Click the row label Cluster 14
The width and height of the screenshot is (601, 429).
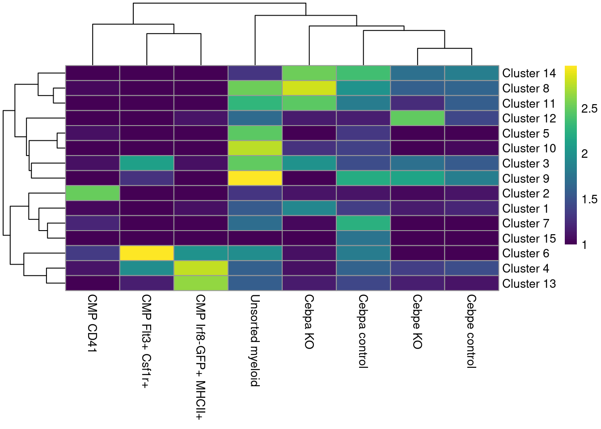tap(529, 73)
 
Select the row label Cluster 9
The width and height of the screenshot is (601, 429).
tap(525, 179)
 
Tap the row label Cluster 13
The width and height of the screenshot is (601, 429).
tap(529, 284)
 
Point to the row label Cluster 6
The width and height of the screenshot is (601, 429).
tap(525, 253)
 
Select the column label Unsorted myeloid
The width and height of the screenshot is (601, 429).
tap(254, 340)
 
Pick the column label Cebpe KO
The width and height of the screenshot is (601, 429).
tap(417, 321)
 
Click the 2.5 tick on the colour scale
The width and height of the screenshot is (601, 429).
tap(589, 109)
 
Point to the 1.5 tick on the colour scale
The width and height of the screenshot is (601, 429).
tap(589, 199)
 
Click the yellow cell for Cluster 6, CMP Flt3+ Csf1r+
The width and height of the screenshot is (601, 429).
tap(147, 253)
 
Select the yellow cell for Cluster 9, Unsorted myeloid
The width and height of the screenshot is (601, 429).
tap(255, 178)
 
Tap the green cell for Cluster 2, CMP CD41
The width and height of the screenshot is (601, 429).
tap(93, 193)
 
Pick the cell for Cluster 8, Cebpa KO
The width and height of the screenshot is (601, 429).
tap(309, 88)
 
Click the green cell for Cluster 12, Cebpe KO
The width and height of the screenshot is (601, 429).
tap(417, 118)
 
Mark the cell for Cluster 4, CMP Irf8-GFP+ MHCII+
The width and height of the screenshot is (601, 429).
tap(201, 268)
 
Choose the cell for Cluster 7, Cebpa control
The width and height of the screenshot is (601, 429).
tap(363, 223)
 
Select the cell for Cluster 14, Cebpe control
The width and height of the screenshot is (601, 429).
tap(471, 73)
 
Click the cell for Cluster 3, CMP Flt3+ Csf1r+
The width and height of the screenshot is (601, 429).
tap(147, 164)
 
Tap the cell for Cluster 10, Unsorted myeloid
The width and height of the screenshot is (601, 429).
tap(255, 148)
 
